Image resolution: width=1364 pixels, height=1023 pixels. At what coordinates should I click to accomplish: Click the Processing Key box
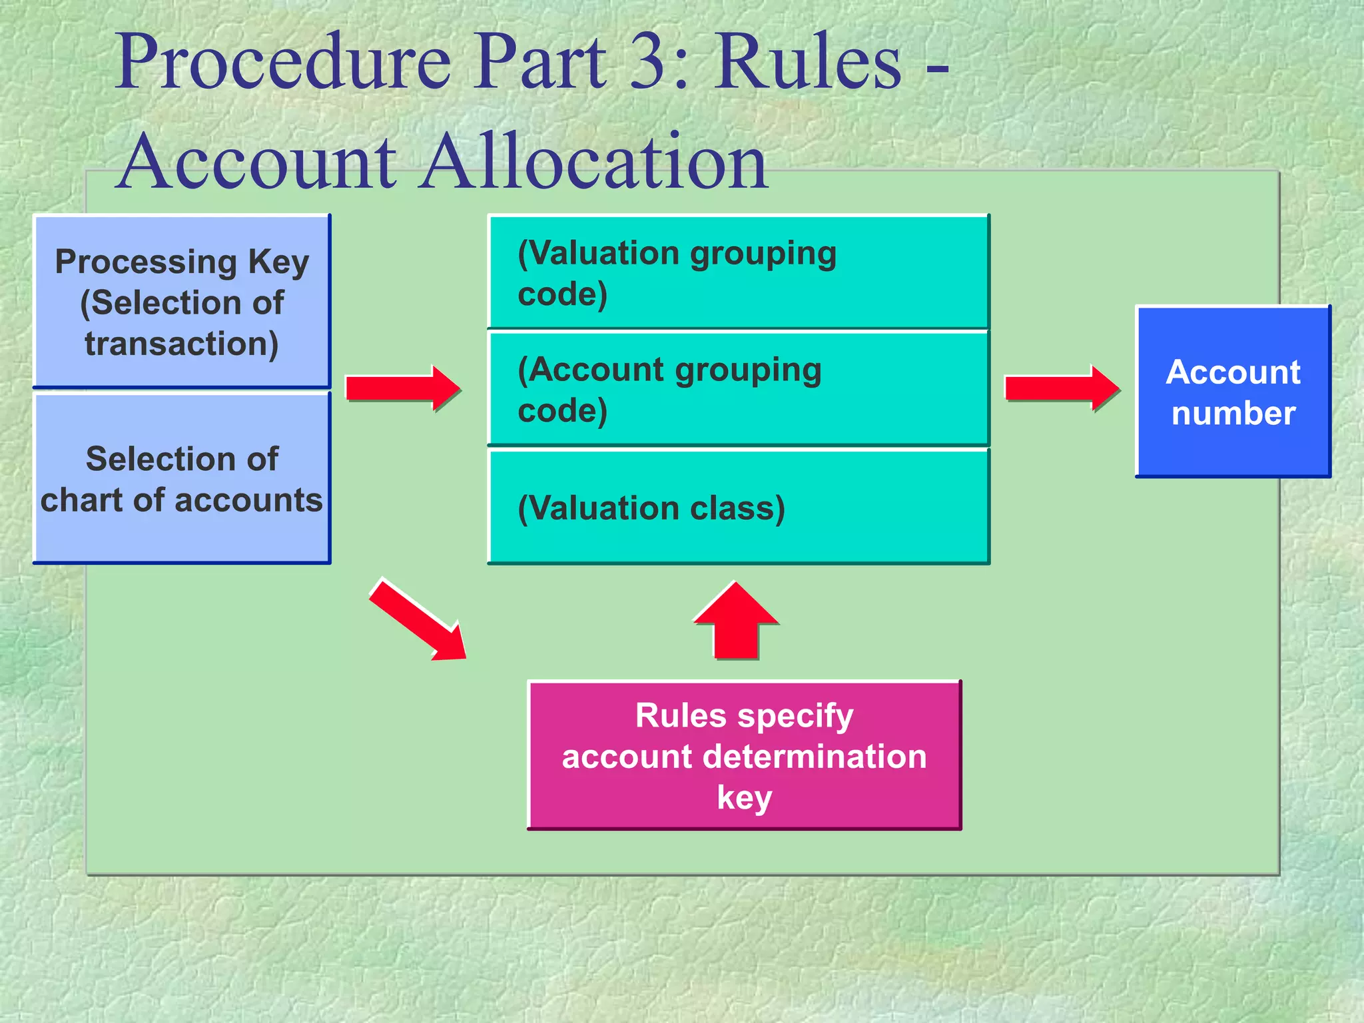(x=182, y=301)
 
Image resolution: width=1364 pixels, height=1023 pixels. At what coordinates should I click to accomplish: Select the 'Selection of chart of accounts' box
(x=182, y=478)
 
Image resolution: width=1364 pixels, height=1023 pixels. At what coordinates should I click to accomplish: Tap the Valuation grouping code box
(x=739, y=272)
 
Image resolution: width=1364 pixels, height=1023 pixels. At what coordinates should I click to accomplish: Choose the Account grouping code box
(x=739, y=389)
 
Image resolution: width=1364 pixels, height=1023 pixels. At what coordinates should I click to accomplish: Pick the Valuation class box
(x=739, y=508)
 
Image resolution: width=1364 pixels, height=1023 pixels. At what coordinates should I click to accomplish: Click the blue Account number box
(x=1233, y=392)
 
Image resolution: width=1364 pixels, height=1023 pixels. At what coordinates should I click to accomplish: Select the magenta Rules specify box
(x=744, y=755)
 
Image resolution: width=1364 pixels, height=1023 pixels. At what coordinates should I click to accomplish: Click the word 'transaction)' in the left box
(x=182, y=344)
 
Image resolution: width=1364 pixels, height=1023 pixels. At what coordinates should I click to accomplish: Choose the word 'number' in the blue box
(x=1233, y=414)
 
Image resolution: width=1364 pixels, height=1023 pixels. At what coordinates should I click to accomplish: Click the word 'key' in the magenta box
(x=744, y=798)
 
